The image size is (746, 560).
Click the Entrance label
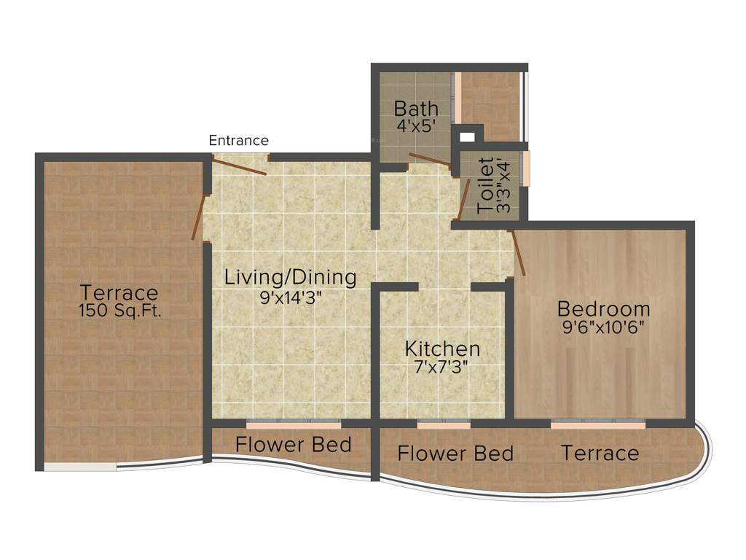pos(239,141)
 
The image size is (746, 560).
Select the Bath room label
pos(416,109)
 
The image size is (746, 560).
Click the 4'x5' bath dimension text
pos(416,125)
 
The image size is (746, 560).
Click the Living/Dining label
pos(290,277)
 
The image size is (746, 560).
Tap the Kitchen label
pos(442,349)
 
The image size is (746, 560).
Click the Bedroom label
pos(603,308)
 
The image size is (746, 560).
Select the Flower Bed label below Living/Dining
pos(294,444)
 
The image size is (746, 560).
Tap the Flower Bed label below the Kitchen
pos(455,454)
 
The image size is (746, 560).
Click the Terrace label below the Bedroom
pos(600,454)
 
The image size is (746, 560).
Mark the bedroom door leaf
pos(519,253)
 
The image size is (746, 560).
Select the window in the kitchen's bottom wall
pos(443,424)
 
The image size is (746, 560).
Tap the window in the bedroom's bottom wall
pos(597,424)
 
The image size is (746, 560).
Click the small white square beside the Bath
pos(467,136)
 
